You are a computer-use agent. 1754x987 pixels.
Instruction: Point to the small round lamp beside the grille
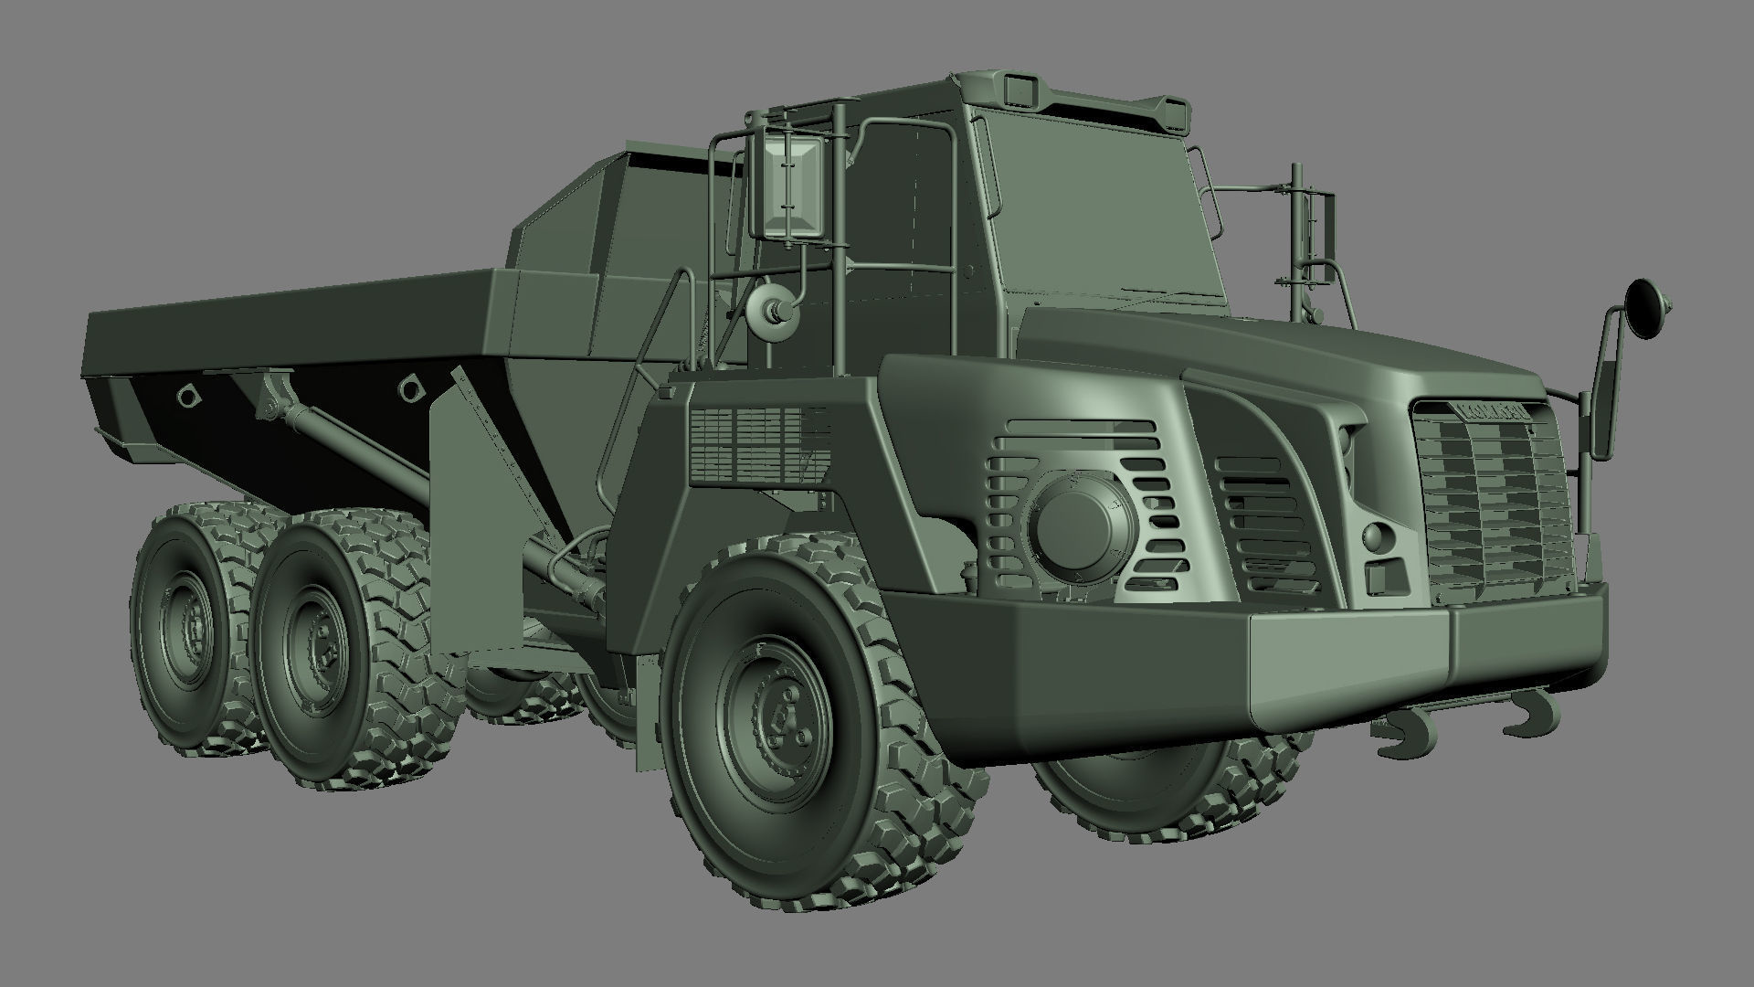[x=1372, y=536]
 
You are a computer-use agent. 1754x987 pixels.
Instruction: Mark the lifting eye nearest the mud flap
[x=411, y=387]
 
